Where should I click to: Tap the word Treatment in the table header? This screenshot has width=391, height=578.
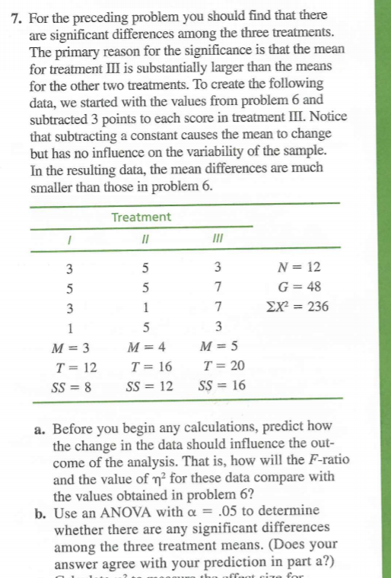(x=141, y=218)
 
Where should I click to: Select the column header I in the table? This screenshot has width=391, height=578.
(x=69, y=239)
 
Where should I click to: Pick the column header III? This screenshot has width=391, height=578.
(x=218, y=239)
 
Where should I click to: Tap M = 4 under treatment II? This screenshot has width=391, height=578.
(x=145, y=350)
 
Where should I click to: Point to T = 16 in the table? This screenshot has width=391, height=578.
(x=145, y=368)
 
